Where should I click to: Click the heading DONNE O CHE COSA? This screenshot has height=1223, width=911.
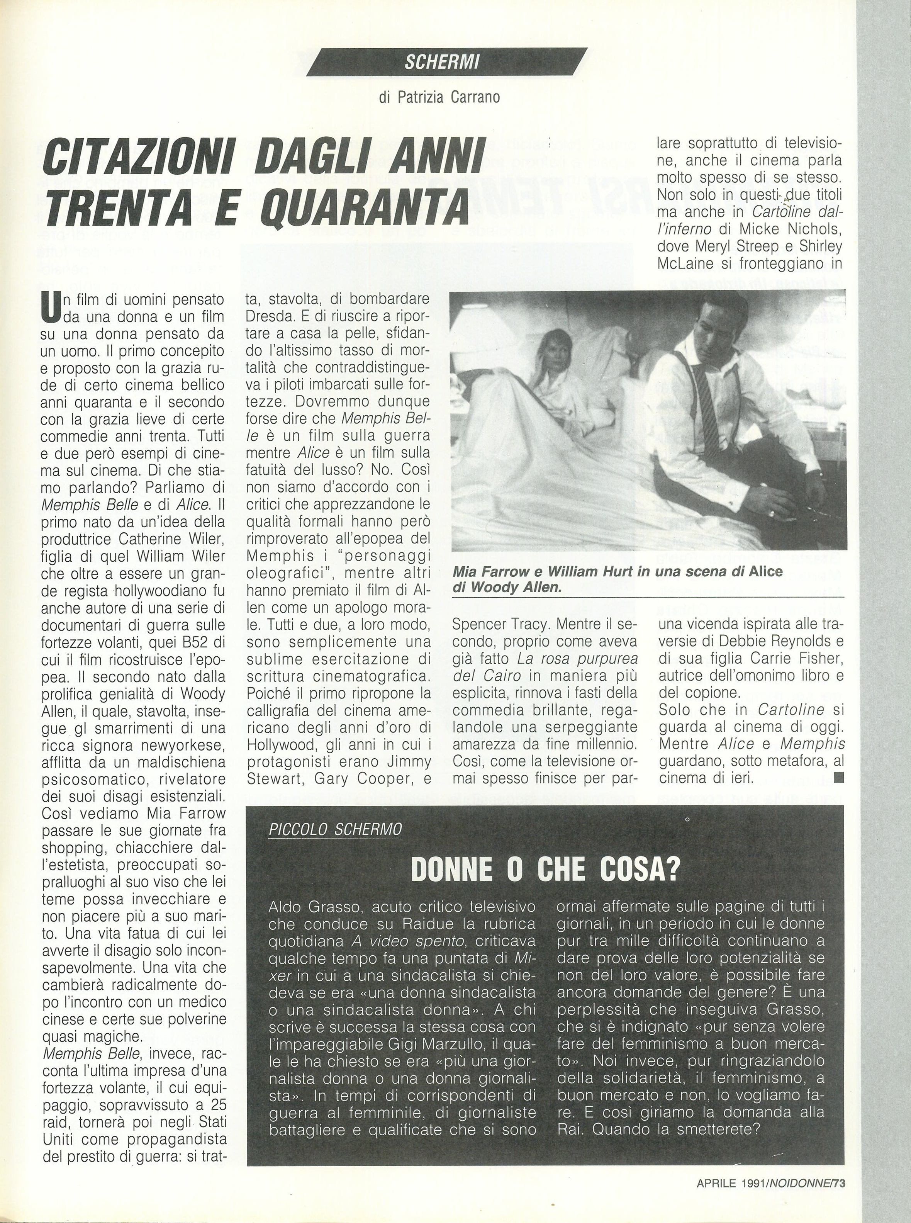[x=545, y=871]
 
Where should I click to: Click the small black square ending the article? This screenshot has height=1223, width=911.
[x=839, y=778]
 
